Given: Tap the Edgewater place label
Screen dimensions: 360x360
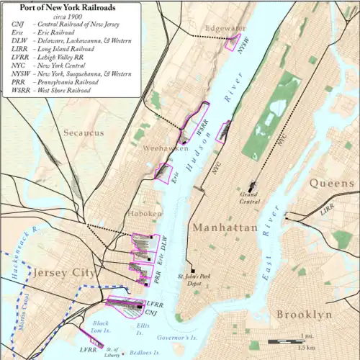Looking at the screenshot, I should point(225,28).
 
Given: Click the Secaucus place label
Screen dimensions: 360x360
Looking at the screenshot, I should point(84,132).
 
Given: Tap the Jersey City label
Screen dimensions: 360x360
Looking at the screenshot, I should point(63,273).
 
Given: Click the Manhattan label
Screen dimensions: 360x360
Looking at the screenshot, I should point(225,228).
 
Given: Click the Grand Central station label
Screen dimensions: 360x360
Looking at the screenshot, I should point(249,197).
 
